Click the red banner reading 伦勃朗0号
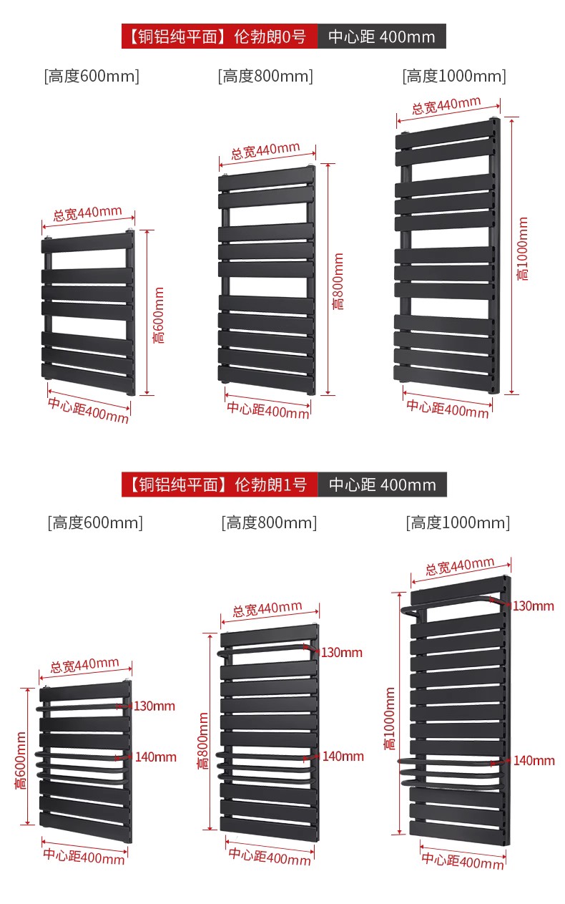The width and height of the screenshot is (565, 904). click(x=219, y=37)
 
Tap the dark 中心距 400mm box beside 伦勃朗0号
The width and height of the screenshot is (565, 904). click(x=381, y=37)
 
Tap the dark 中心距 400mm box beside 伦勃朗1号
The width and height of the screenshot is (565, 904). click(x=382, y=485)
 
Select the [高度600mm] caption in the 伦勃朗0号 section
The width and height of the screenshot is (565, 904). click(x=92, y=76)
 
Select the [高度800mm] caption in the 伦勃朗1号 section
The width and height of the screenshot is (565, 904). click(x=268, y=523)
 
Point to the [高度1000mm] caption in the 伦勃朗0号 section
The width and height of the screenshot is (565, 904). click(x=454, y=76)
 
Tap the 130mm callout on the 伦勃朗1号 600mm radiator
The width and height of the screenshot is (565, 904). click(x=154, y=706)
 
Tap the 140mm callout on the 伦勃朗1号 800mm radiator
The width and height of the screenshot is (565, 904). click(x=343, y=756)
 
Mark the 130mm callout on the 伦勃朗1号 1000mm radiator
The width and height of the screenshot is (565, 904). click(x=533, y=606)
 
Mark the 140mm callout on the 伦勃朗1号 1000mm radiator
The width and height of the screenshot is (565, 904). click(x=534, y=761)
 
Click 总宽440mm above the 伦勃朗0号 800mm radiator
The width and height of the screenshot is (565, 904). click(x=265, y=151)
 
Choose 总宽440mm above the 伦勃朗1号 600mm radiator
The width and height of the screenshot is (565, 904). click(x=84, y=666)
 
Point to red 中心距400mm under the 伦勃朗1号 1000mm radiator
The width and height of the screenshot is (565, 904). click(x=463, y=861)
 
